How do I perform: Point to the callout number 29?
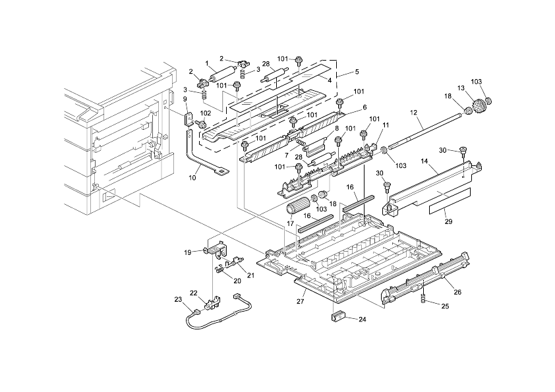tap(448, 221)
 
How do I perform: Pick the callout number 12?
tap(415, 113)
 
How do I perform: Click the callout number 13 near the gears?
tap(461, 88)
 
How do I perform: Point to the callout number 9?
tap(185, 99)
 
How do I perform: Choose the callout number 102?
tap(206, 113)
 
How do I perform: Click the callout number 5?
tap(357, 71)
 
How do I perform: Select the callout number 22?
tap(194, 293)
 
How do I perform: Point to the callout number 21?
tap(241, 274)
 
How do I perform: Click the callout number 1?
tap(207, 63)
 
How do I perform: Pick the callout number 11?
tap(386, 125)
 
